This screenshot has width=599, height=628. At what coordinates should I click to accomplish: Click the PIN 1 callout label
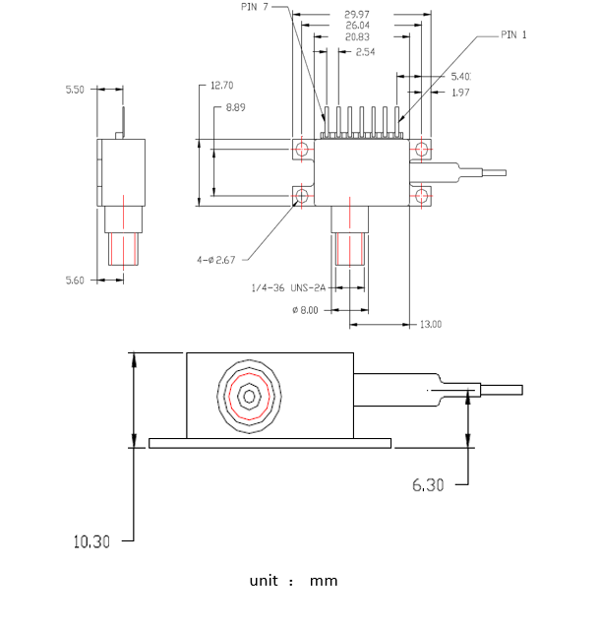pos(513,34)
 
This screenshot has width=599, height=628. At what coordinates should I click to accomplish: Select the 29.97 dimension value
pos(356,15)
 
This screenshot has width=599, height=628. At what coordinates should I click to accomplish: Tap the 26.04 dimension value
pos(356,27)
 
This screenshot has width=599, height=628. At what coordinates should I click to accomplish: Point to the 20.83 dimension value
pos(358,37)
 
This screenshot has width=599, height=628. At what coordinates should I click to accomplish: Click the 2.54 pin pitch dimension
pos(365,51)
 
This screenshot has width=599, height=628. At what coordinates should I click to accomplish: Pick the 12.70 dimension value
pos(223,86)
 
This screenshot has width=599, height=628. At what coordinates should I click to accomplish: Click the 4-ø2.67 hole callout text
pos(216,260)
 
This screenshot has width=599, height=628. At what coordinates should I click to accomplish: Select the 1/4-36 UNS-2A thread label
pos(287,288)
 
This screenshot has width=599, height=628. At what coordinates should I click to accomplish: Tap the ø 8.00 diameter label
pos(307,310)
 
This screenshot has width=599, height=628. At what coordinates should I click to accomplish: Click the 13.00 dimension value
pos(430,324)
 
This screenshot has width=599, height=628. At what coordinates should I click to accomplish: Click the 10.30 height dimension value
pos(90,541)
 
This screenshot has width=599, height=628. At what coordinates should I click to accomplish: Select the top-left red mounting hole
pos(302,149)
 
